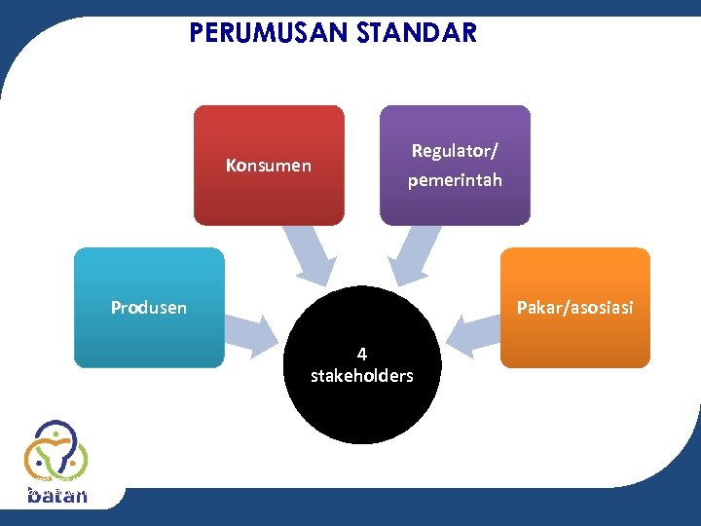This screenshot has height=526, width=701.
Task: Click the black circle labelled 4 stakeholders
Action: tap(361, 409)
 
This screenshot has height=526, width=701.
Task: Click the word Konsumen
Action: tap(269, 166)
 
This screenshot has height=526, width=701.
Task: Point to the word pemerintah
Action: tap(455, 180)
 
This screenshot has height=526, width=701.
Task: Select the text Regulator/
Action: tap(455, 151)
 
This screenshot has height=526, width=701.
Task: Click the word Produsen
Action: tap(149, 308)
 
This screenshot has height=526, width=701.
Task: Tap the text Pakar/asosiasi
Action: tap(574, 308)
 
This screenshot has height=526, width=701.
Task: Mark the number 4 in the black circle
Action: tap(361, 355)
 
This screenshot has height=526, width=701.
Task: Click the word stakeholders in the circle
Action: tap(361, 376)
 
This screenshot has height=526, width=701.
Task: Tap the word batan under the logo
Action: tap(57, 496)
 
